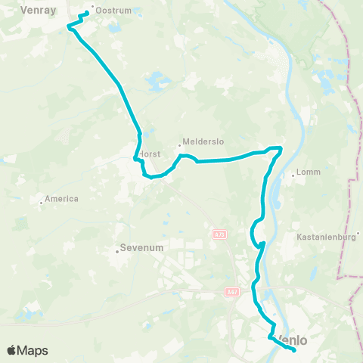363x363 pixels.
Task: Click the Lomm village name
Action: (310, 172)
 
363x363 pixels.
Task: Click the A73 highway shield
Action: (219, 235)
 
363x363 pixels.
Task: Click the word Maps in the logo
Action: (34, 351)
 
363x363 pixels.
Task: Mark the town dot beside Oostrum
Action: (93, 9)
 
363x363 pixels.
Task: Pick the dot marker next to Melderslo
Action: (180, 145)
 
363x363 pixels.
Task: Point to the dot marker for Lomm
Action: (293, 175)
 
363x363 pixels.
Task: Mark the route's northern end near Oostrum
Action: (88, 13)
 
